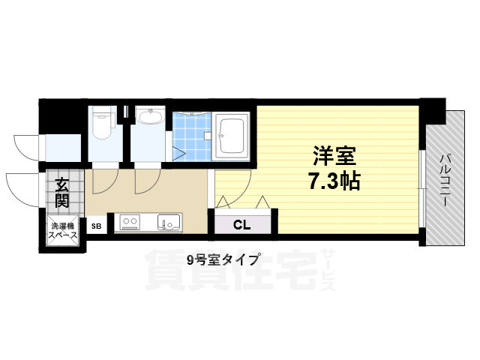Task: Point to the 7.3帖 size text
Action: (x=334, y=181)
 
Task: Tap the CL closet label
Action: (x=241, y=225)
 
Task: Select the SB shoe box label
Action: (x=97, y=226)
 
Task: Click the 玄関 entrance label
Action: (x=62, y=193)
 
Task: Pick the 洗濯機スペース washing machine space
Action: (x=63, y=230)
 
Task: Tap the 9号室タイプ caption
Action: (x=223, y=260)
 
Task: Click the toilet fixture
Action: (x=102, y=125)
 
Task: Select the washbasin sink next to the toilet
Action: (x=150, y=117)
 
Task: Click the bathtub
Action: (x=231, y=136)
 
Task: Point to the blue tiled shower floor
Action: (x=192, y=136)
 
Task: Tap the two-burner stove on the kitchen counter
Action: (x=130, y=222)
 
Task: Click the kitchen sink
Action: (x=169, y=222)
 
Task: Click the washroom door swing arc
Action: (x=148, y=181)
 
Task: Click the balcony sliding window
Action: (x=422, y=188)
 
